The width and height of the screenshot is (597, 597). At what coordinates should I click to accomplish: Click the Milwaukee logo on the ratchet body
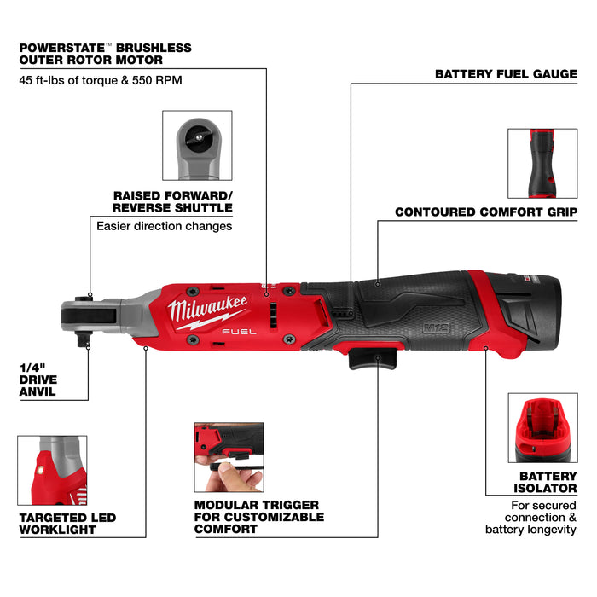pyautogui.click(x=209, y=310)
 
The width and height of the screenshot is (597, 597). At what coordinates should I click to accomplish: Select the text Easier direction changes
pyautogui.click(x=164, y=227)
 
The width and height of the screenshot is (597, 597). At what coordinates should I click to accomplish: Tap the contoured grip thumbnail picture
pyautogui.click(x=542, y=162)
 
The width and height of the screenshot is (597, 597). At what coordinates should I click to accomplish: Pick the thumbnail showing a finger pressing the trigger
pyautogui.click(x=229, y=457)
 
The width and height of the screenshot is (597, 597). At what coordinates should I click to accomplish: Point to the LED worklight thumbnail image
pyautogui.click(x=53, y=471)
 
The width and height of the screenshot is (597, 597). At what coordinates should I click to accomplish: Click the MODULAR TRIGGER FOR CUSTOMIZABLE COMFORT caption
pyautogui.click(x=258, y=517)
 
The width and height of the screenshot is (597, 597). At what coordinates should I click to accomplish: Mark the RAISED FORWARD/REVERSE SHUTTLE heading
pyautogui.click(x=172, y=201)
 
